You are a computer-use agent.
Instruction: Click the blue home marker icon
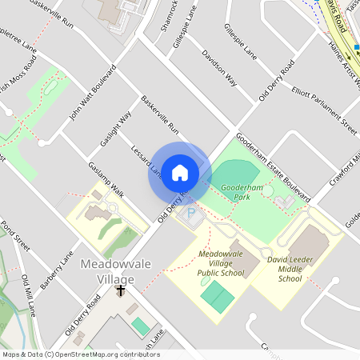(x=180, y=173)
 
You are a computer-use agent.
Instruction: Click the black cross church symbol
(x=121, y=290)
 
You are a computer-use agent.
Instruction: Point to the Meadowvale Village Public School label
(x=221, y=263)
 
